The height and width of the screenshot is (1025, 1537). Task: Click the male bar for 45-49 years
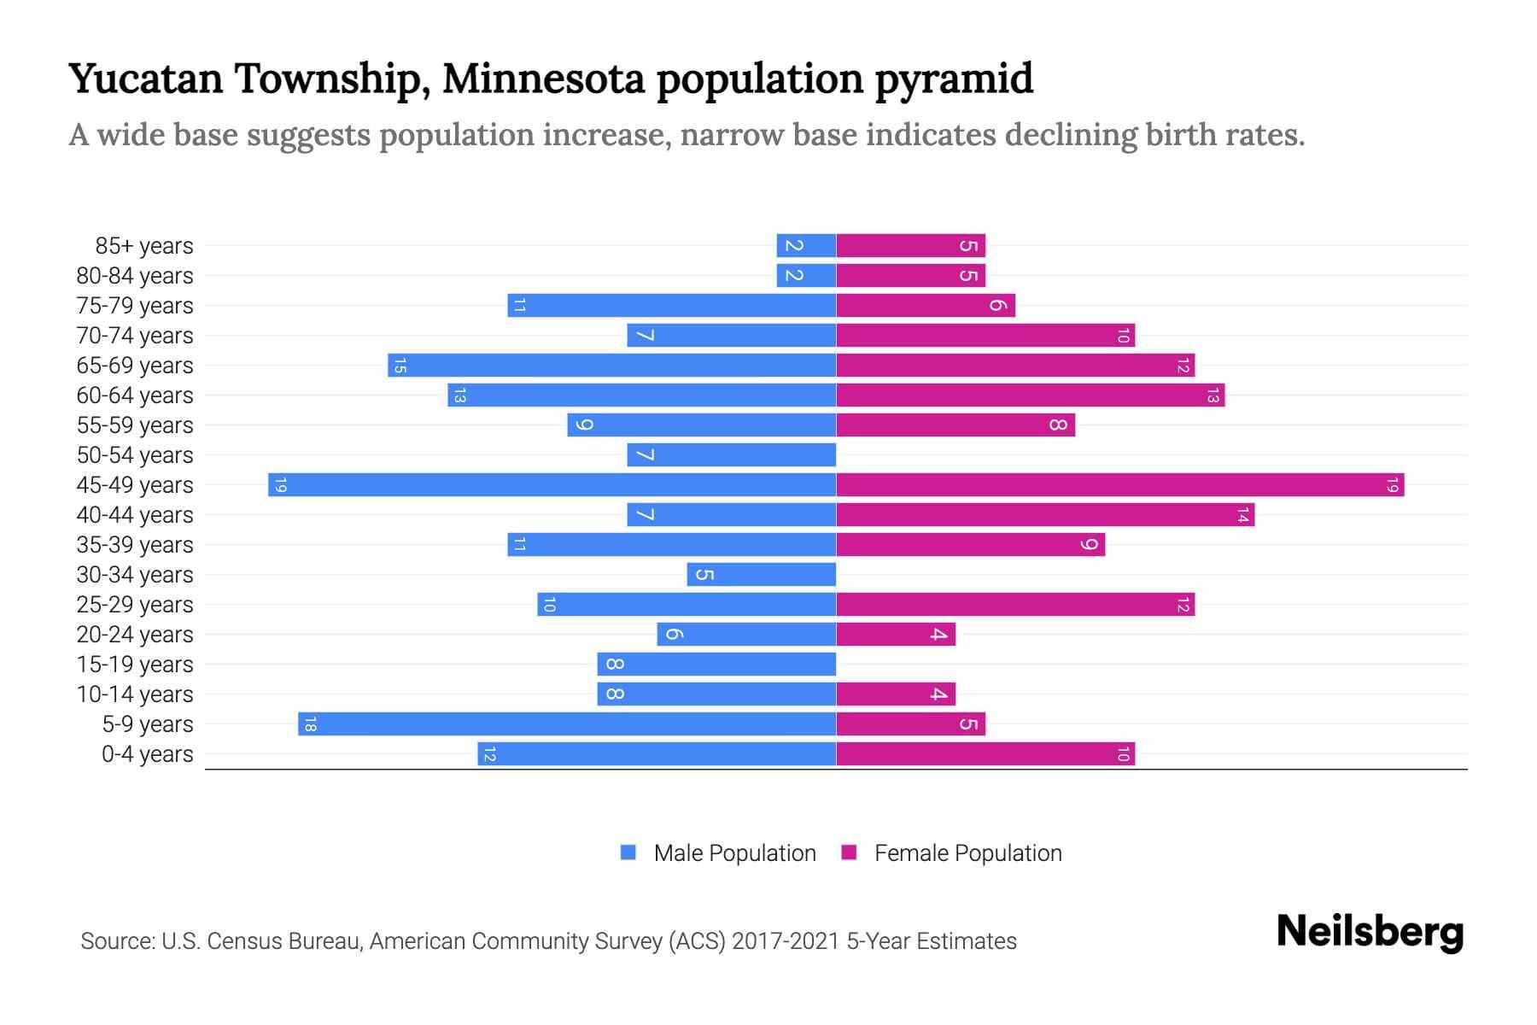pyautogui.click(x=552, y=484)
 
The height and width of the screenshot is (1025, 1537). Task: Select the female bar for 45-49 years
pyautogui.click(x=1119, y=484)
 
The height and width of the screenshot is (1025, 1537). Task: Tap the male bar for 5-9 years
pyautogui.click(x=567, y=723)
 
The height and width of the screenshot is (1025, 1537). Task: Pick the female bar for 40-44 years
pyautogui.click(x=1045, y=514)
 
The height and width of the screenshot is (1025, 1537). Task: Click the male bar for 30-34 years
pyautogui.click(x=761, y=574)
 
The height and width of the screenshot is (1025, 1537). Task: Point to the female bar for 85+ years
pyautogui.click(x=910, y=245)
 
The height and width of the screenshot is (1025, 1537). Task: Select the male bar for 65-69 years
pyautogui.click(x=611, y=365)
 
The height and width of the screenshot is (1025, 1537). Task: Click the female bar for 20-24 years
pyautogui.click(x=896, y=634)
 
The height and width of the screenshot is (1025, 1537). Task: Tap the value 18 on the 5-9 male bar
pyautogui.click(x=310, y=724)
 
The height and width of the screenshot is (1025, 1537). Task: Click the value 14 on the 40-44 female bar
pyautogui.click(x=1242, y=515)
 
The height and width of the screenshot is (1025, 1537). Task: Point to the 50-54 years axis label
pyautogui.click(x=135, y=455)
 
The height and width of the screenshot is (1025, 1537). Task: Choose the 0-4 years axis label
pyautogui.click(x=147, y=754)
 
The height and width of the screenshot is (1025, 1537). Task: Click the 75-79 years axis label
pyautogui.click(x=135, y=306)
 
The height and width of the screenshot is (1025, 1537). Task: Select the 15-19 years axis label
pyautogui.click(x=135, y=665)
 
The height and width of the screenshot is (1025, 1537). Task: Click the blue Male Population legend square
pyautogui.click(x=628, y=852)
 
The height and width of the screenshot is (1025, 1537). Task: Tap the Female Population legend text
pyautogui.click(x=967, y=853)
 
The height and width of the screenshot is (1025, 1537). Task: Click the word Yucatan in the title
pyautogui.click(x=145, y=79)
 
